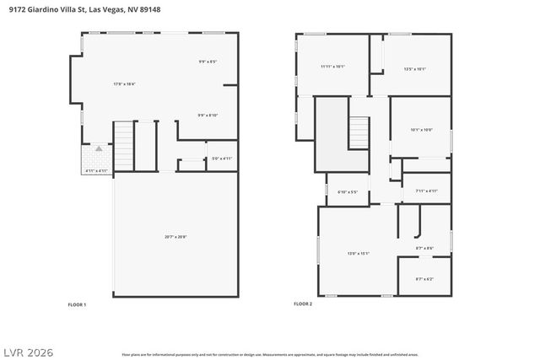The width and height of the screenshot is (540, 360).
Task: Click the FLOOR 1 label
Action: [77, 304]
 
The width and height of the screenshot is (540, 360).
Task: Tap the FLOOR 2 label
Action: [303, 304]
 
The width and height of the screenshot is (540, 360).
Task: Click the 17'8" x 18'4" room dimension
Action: [125, 83]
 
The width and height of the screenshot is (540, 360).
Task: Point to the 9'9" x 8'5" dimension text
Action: [208, 61]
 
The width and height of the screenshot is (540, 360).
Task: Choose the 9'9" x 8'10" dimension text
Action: [208, 116]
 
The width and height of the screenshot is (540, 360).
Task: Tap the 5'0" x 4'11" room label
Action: [221, 158]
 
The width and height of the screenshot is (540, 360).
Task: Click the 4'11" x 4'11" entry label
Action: [96, 171]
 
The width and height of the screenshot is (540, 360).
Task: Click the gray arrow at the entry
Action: [98, 148]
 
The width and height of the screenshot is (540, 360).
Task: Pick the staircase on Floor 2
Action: [360, 133]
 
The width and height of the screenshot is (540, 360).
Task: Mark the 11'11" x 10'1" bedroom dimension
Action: [332, 67]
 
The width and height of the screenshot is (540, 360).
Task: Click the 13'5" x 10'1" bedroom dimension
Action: [415, 69]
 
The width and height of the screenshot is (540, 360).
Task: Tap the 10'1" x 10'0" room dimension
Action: [421, 129]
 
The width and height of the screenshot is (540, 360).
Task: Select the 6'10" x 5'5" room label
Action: [348, 192]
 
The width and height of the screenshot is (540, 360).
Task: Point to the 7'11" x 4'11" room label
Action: [426, 191]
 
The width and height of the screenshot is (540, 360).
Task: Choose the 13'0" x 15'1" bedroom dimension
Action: [359, 253]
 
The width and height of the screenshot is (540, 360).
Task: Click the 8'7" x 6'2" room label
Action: [424, 279]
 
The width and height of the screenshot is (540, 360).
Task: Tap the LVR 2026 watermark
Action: [29, 350]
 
